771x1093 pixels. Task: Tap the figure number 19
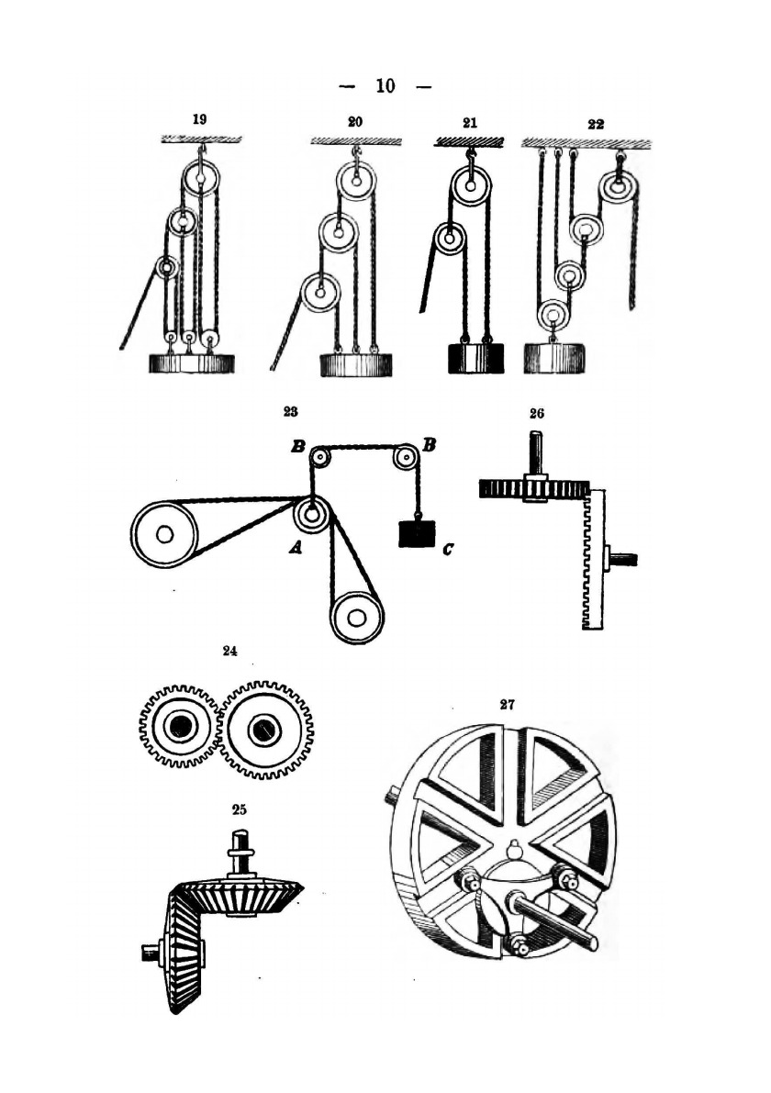point(199,120)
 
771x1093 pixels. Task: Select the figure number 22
point(596,123)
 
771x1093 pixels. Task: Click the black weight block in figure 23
point(416,533)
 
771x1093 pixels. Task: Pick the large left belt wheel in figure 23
point(164,534)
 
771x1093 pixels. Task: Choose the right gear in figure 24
point(266,729)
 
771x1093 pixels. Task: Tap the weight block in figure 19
point(192,363)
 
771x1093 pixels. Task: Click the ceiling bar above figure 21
point(468,141)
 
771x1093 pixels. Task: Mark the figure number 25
point(239,809)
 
